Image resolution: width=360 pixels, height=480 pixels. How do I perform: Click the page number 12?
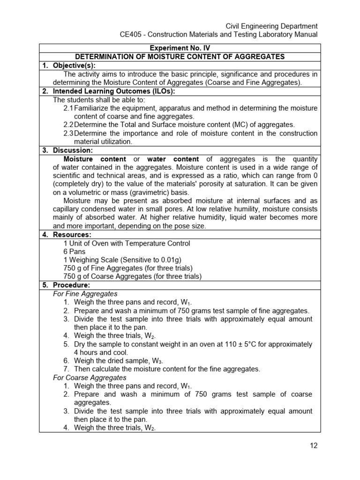[314, 445]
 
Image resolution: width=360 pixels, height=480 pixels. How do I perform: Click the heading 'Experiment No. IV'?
[180, 48]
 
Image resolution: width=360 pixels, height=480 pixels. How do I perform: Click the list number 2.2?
[68, 125]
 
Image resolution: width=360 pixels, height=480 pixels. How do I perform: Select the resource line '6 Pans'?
[74, 251]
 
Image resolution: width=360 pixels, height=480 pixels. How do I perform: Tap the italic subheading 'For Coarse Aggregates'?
[90, 377]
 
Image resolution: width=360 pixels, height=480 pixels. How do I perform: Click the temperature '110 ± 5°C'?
[240, 344]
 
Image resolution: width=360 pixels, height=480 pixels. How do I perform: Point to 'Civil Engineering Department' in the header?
[272, 26]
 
